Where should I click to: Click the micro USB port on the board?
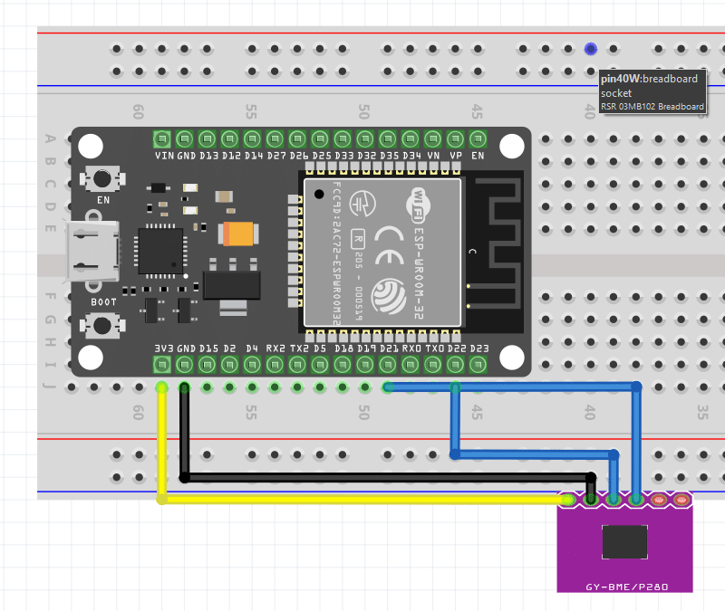point(92,252)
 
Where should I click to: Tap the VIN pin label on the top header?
point(164,156)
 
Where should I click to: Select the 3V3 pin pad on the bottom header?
point(162,365)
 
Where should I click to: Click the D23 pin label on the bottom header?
point(479,348)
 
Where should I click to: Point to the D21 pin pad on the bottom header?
point(389,365)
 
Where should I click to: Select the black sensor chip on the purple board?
point(625,541)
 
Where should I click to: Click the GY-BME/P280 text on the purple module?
point(626,587)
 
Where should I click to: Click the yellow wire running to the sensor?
point(362,499)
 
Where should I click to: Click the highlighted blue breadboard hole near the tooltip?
point(591,49)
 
